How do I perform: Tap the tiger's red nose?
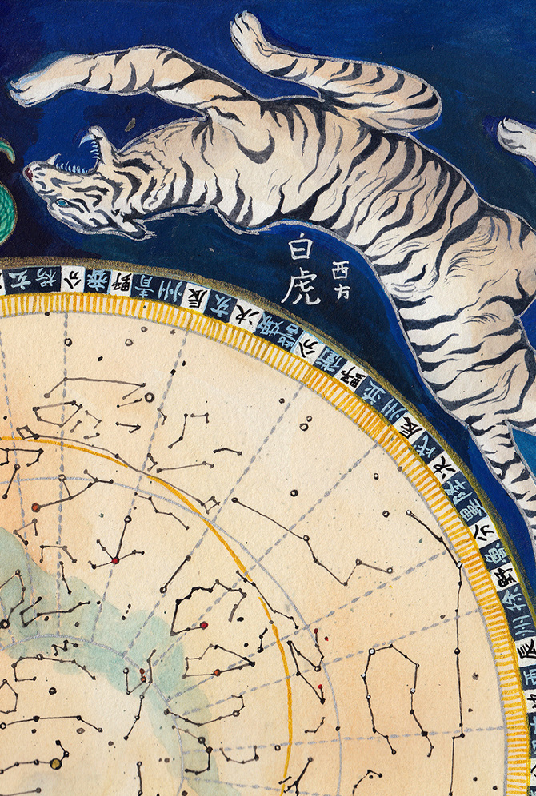tap(30, 170)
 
